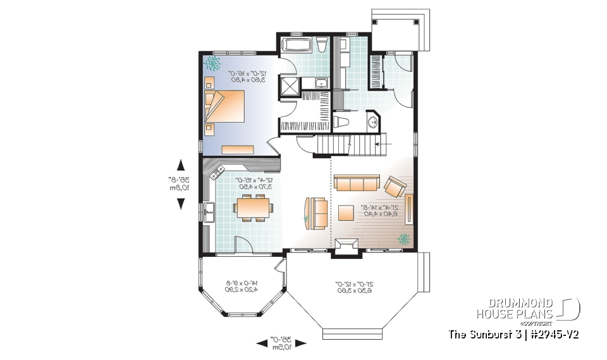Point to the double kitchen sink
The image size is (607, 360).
[x=209, y=212]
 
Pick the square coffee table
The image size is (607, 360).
[x=345, y=212]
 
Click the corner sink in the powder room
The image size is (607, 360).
[x=372, y=121]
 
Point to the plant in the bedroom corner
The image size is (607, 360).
[x=212, y=63]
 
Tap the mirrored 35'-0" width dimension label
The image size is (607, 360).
[x=281, y=343]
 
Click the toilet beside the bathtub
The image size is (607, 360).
[x=322, y=44]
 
